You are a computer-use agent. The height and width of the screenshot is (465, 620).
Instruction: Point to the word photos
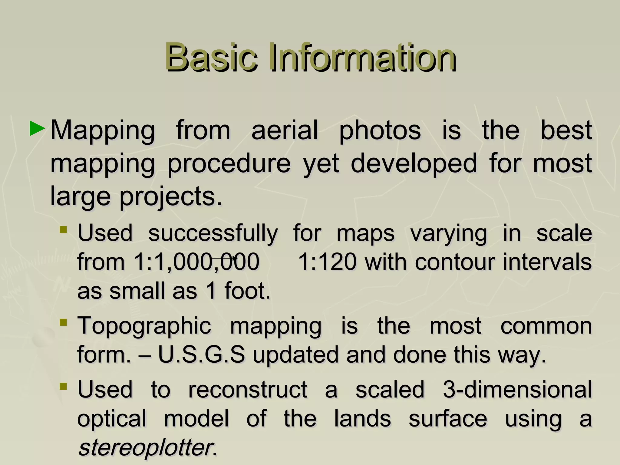[x=380, y=131]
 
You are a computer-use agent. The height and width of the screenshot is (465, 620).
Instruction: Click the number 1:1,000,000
[x=196, y=262]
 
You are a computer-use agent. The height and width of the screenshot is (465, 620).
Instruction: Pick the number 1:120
[x=327, y=262]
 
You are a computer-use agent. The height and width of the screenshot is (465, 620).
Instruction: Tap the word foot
[x=247, y=291]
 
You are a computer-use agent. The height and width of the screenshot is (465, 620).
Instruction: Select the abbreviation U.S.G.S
[x=201, y=355]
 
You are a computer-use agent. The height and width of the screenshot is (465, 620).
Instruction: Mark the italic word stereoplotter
[x=145, y=448]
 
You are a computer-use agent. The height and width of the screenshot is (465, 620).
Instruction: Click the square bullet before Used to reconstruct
[x=63, y=386]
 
